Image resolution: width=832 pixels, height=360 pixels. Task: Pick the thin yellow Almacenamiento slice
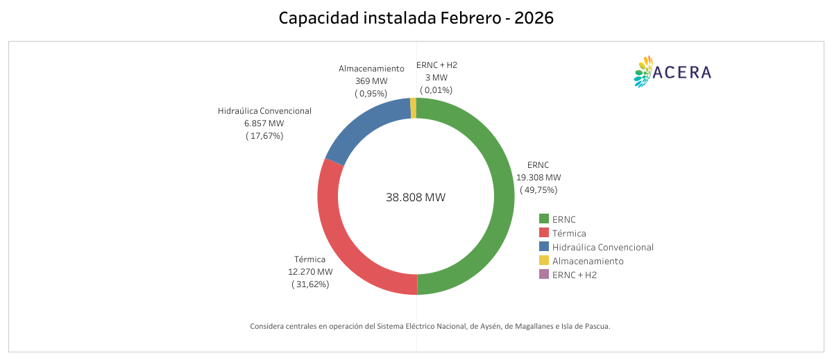coord(414,108)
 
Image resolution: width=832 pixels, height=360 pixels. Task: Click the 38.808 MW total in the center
coord(416,197)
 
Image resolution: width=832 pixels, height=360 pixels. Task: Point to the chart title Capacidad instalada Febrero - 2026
coord(416,18)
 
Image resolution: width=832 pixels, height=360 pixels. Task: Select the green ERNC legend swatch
coord(544,219)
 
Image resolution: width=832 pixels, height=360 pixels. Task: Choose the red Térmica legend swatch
coord(544,233)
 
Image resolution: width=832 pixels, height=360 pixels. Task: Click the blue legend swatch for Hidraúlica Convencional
coord(544,247)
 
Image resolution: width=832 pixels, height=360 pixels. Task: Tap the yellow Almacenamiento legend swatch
coord(544,261)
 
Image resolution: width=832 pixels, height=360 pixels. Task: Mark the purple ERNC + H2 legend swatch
coord(544,275)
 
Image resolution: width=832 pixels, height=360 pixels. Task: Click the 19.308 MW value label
coord(538,178)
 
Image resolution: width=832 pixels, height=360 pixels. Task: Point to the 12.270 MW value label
coord(310,272)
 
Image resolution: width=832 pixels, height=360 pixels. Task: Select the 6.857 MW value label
coord(264,123)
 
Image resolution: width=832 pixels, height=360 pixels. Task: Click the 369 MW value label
coord(371,81)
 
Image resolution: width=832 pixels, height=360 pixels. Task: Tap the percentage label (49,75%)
coord(538,189)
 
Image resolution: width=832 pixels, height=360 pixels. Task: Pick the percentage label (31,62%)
coord(310,284)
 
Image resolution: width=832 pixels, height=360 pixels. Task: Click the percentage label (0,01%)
coord(436,89)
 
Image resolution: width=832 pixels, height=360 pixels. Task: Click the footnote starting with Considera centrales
coord(430,326)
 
